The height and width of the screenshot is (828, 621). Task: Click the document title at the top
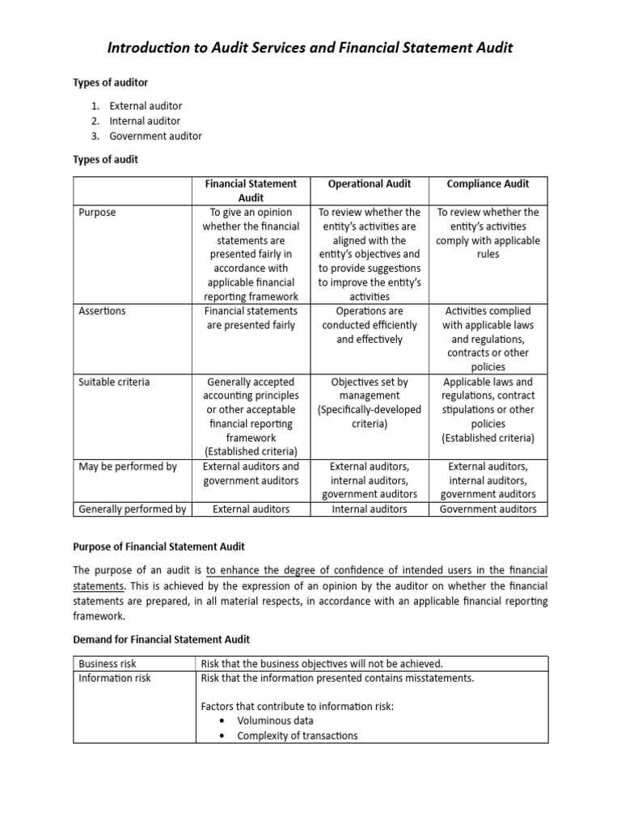click(x=310, y=49)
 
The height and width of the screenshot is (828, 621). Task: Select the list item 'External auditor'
click(x=146, y=106)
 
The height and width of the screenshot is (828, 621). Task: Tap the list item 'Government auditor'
click(x=156, y=136)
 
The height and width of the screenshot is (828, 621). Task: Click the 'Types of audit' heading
click(x=106, y=160)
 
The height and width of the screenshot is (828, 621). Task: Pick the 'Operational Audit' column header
click(x=370, y=184)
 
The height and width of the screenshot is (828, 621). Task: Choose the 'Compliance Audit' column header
click(x=488, y=184)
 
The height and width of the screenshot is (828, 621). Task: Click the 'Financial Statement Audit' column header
click(x=251, y=191)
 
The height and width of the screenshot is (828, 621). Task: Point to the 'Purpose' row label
click(x=97, y=213)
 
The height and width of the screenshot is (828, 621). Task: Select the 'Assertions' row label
click(x=102, y=311)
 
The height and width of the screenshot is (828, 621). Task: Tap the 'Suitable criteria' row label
click(x=114, y=382)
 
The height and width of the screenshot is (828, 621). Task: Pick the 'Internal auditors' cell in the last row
click(x=370, y=509)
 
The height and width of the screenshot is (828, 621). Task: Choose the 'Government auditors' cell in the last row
click(x=488, y=509)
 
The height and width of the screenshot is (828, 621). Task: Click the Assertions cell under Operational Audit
click(x=370, y=325)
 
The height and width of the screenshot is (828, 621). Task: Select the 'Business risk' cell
click(x=108, y=664)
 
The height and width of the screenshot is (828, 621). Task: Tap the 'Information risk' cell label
click(x=114, y=678)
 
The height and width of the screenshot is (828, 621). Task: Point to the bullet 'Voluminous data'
click(x=275, y=720)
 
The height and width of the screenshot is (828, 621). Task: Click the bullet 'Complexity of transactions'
click(x=297, y=736)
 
